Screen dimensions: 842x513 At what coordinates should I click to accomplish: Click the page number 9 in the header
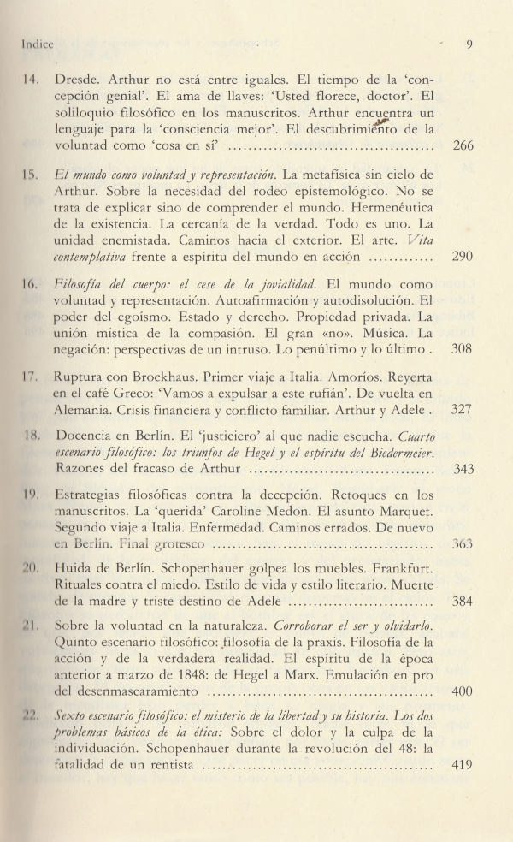[x=470, y=44]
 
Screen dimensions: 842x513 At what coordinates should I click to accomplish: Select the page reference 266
[x=462, y=147]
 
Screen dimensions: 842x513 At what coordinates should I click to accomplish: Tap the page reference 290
[x=462, y=257]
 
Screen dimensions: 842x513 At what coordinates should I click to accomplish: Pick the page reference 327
[x=462, y=410]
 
